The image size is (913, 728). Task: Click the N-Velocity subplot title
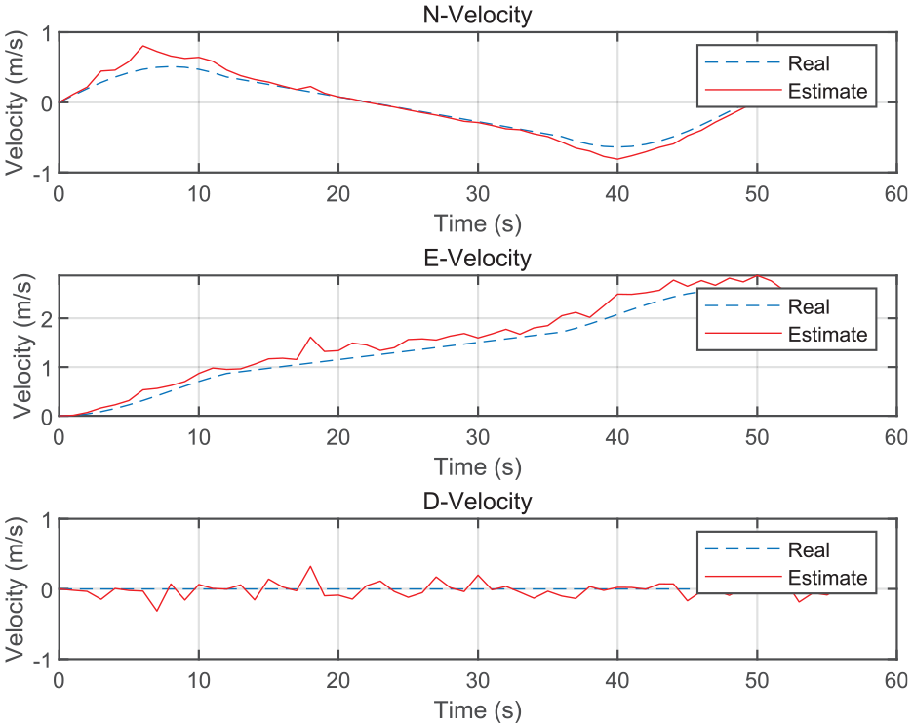[477, 14]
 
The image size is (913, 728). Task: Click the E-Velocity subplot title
[477, 258]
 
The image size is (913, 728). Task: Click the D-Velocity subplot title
[477, 501]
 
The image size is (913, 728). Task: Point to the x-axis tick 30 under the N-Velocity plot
[477, 194]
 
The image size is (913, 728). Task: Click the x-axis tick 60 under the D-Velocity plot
[896, 681]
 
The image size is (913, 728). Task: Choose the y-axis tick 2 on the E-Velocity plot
[47, 319]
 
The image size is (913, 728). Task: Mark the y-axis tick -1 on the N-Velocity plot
[42, 174]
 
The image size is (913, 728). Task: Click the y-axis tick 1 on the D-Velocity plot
[47, 521]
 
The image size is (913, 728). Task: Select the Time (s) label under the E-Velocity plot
[477, 467]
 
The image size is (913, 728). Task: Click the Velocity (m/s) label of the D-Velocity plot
[17, 589]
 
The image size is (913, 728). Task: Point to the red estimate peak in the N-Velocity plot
[143, 46]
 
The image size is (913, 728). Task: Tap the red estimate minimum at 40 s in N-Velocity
[617, 159]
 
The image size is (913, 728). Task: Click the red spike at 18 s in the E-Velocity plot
[310, 338]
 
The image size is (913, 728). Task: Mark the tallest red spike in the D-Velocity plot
[310, 567]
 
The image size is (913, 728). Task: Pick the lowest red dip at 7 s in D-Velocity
[157, 610]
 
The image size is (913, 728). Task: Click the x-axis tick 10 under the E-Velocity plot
[199, 437]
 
